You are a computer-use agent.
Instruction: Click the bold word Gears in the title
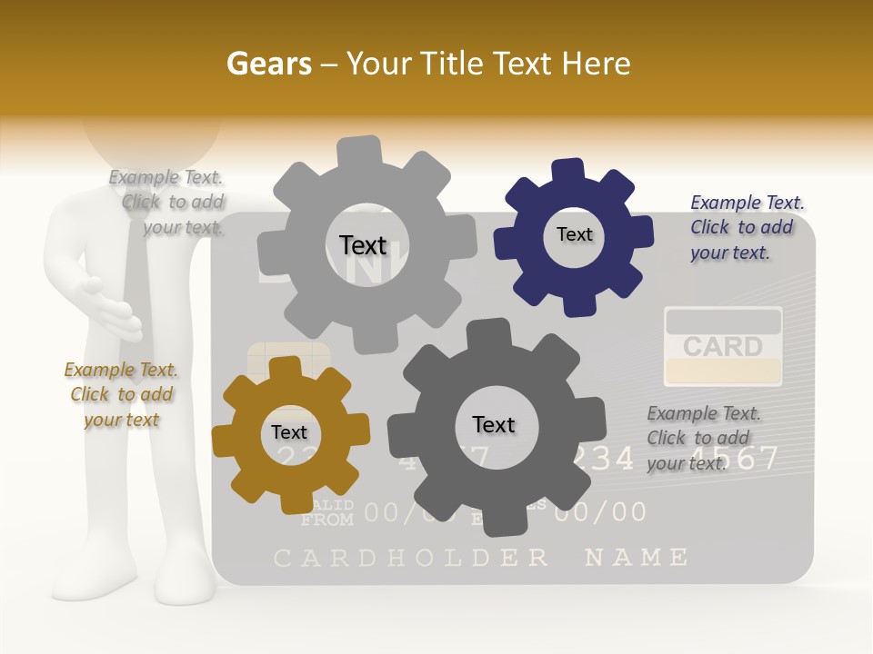click(x=268, y=64)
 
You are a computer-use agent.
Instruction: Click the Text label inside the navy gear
click(x=574, y=234)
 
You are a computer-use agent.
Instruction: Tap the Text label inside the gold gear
click(x=289, y=432)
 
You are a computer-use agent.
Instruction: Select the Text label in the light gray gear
click(x=363, y=245)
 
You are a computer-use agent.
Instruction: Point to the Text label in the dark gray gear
click(x=494, y=424)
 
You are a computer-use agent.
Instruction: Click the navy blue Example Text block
click(x=747, y=227)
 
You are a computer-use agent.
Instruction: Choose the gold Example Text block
click(x=121, y=394)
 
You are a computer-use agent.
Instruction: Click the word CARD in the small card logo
click(x=723, y=347)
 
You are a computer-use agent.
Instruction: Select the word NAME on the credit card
click(x=636, y=557)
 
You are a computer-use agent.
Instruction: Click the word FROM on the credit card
click(x=326, y=520)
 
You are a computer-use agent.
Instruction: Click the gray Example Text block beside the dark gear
click(x=704, y=438)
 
